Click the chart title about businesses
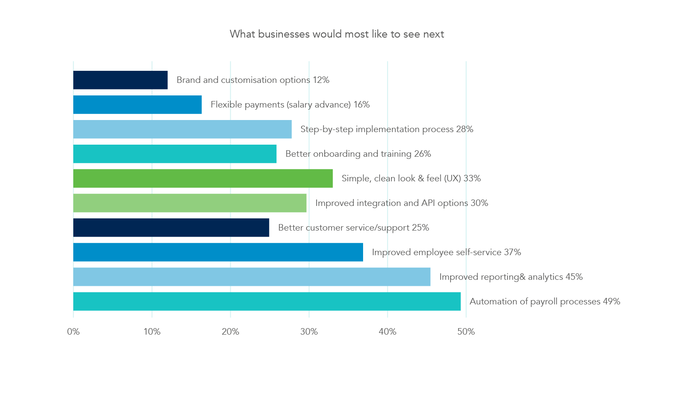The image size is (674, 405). tap(337, 34)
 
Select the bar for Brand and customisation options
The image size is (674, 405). tap(120, 80)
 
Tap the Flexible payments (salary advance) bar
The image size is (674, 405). tap(137, 104)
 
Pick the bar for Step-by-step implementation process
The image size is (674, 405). tap(182, 129)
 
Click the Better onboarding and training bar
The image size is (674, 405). tap(175, 154)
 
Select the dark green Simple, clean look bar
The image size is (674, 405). tap(203, 178)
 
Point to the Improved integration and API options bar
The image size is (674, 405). tap(190, 203)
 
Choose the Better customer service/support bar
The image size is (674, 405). tap(171, 228)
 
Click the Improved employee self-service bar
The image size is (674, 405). tap(218, 252)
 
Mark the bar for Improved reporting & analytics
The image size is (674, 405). tap(251, 277)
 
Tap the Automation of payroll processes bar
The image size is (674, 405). tap(267, 301)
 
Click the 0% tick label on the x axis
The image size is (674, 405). tap(73, 332)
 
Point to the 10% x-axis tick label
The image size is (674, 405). tap(152, 332)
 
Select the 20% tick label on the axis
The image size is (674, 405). tap(230, 332)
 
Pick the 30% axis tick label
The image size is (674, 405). tap(309, 332)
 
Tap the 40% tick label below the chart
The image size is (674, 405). tap(387, 332)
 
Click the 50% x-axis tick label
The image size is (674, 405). tap(466, 332)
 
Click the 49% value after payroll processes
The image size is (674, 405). tap(611, 301)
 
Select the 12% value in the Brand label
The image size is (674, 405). tap(321, 80)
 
